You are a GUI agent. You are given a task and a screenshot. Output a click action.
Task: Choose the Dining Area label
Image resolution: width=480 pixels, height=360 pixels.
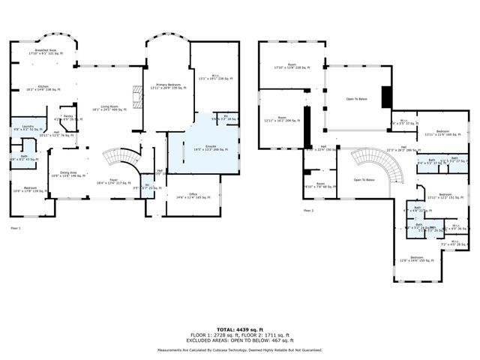click(67, 175)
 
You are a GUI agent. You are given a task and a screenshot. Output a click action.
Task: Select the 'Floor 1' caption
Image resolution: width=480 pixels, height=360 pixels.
click(16, 227)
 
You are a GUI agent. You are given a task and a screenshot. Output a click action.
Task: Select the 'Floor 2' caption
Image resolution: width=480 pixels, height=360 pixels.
click(308, 211)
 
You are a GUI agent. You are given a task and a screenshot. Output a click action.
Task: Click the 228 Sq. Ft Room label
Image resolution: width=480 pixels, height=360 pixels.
click(292, 66)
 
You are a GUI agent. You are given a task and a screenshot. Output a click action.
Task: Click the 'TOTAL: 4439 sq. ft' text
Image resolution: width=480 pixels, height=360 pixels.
click(240, 329)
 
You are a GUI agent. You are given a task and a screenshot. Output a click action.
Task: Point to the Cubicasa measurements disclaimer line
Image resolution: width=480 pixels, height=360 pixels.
click(240, 349)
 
